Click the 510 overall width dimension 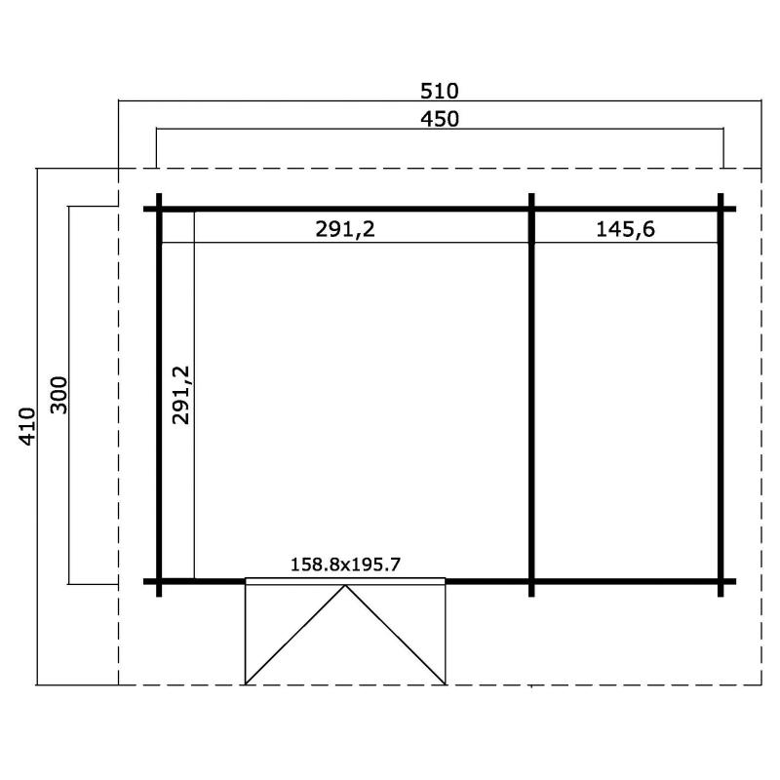click(440, 91)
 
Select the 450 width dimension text click(440, 119)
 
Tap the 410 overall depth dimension click(27, 426)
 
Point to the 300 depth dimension click(58, 395)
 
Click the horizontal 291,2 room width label click(345, 229)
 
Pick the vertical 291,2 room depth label click(181, 395)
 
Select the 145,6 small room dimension click(625, 229)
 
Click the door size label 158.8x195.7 click(345, 565)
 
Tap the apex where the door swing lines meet click(345, 586)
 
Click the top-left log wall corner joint click(159, 209)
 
